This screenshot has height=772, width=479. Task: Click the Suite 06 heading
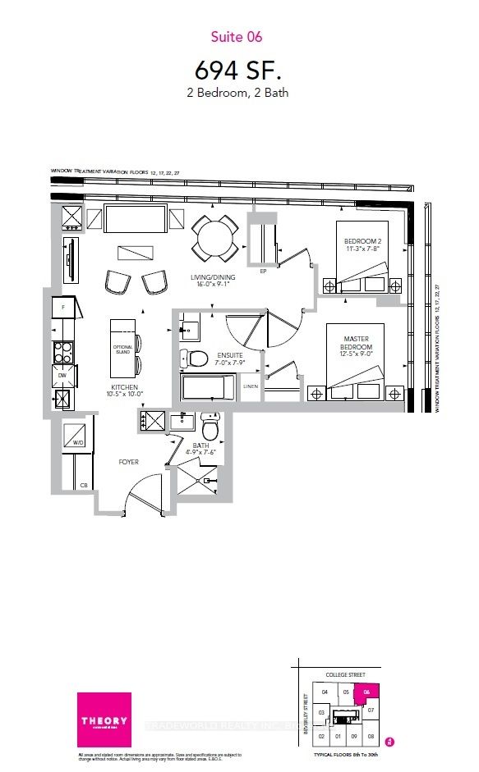[x=238, y=37]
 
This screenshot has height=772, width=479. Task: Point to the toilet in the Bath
[x=210, y=426]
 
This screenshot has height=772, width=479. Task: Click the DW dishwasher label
[x=63, y=376]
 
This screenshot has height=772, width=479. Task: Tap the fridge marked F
[x=63, y=310]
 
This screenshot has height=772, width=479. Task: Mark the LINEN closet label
[x=251, y=386]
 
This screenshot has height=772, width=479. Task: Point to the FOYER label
[x=128, y=462]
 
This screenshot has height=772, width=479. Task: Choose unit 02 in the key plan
[x=322, y=736]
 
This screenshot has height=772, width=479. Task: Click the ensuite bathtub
[x=207, y=388]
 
